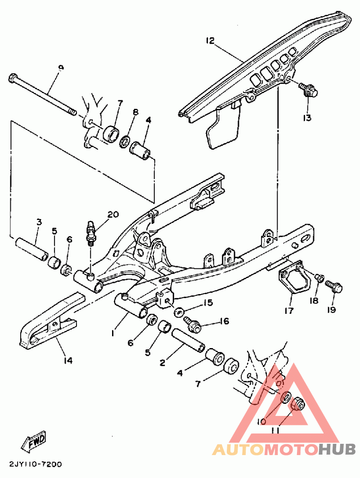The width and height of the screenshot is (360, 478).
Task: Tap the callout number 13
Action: [x=307, y=118]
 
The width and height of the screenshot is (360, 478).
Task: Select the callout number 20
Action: [x=112, y=215]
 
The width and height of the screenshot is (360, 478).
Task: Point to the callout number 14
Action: [x=67, y=360]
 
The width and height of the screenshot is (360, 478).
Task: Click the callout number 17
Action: [x=288, y=311]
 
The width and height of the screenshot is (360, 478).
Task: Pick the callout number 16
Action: [x=224, y=321]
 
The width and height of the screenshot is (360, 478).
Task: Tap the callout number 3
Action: [x=39, y=222]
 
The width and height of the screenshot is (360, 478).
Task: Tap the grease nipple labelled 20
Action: [x=92, y=230]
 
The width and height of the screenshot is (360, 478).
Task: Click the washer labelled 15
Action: [x=179, y=311]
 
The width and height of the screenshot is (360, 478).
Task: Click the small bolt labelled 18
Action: [x=319, y=278]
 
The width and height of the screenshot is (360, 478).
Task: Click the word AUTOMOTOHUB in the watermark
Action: [x=284, y=449]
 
